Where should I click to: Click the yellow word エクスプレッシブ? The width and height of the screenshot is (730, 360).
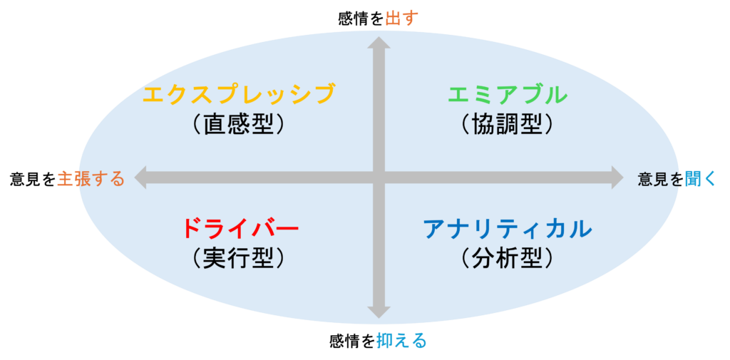point(238,94)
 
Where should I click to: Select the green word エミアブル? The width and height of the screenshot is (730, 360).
point(508,95)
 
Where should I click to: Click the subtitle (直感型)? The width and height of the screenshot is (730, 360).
point(238,124)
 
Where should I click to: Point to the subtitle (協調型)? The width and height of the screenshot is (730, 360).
point(508,124)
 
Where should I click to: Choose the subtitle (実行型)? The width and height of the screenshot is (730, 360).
point(238,257)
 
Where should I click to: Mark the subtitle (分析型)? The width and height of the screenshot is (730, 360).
point(508,257)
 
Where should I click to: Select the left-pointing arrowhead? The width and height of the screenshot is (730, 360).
point(140,178)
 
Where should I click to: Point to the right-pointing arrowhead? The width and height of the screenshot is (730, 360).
point(617,178)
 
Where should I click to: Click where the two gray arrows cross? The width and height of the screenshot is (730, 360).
point(379,178)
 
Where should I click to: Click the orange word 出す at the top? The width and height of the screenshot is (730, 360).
point(402,19)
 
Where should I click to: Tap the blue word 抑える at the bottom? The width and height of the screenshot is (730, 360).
point(401,341)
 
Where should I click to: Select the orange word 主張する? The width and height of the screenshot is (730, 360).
point(91,179)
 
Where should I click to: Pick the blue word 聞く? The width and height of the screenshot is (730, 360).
point(700,179)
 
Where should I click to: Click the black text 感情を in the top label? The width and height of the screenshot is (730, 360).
point(361,19)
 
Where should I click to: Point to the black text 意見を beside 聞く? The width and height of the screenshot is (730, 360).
point(661,179)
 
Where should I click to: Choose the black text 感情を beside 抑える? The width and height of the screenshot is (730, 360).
point(352,341)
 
